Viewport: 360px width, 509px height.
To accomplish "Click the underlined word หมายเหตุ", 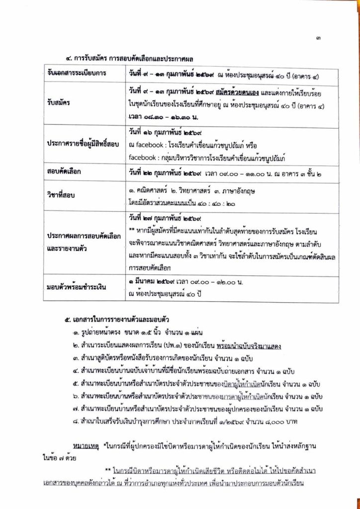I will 86,442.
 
